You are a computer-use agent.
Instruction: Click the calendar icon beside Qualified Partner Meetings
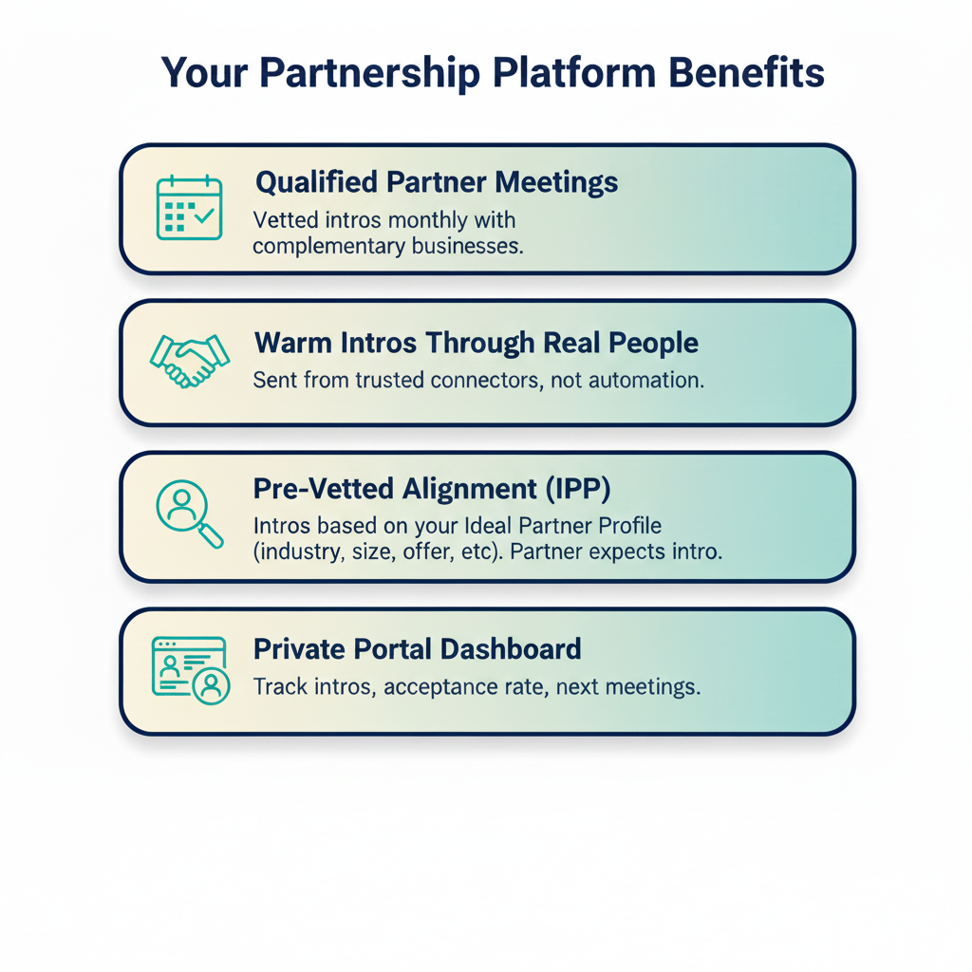pyautogui.click(x=189, y=207)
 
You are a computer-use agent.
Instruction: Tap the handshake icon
pyautogui.click(x=190, y=361)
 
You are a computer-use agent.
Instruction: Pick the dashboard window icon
pyautogui.click(x=190, y=668)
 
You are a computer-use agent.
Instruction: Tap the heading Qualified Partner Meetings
pyautogui.click(x=437, y=182)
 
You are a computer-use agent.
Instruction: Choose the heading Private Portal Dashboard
pyautogui.click(x=417, y=649)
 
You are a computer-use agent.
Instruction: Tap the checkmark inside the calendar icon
pyautogui.click(x=204, y=216)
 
